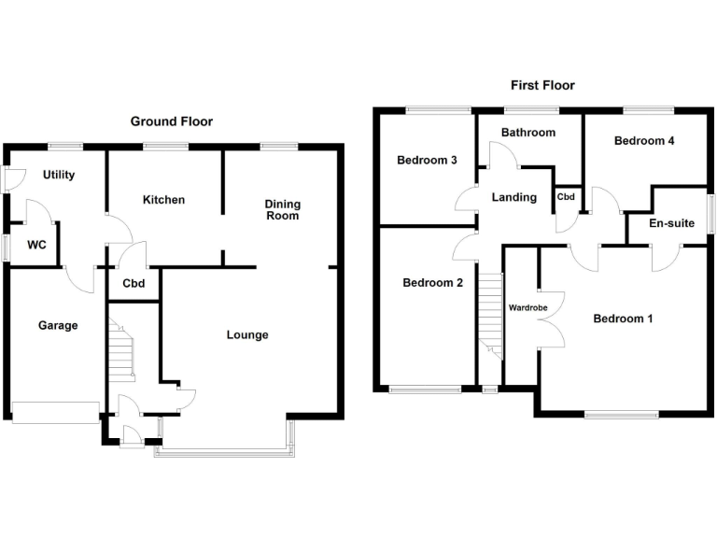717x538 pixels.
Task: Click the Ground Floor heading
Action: [171, 121]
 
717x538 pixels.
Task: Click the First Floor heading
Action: [542, 85]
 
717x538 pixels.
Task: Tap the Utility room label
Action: [59, 175]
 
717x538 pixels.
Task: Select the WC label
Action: [37, 246]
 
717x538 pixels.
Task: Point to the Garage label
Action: [57, 325]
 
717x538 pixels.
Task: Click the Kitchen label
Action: [163, 200]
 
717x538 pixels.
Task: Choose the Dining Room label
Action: [282, 209]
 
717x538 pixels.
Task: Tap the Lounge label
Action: [247, 334]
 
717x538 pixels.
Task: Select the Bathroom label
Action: [527, 133]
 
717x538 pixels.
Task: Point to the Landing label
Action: [513, 197]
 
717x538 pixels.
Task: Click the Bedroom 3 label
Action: [427, 160]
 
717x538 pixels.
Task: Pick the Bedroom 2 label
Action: [432, 283]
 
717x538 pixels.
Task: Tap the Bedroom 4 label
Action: [644, 141]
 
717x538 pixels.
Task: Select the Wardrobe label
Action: [527, 306]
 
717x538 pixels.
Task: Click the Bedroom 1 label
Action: [623, 319]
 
